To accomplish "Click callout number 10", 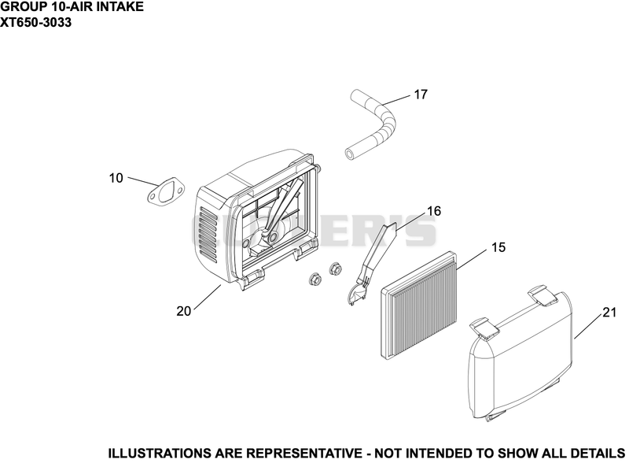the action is point(116,178).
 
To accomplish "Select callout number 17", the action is point(421,94).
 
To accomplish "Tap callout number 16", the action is point(434,211).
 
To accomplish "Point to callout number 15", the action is point(498,247).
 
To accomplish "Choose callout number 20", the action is point(184,311).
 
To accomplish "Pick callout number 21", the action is point(609,313).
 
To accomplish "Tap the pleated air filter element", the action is point(417,306).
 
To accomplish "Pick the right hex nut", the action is point(335,269).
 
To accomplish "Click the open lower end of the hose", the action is point(351,153).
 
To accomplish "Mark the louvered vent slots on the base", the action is point(208,235).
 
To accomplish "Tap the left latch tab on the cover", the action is point(484,326).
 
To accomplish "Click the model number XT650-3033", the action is point(36,23).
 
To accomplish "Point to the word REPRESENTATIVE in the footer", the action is point(303,454).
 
